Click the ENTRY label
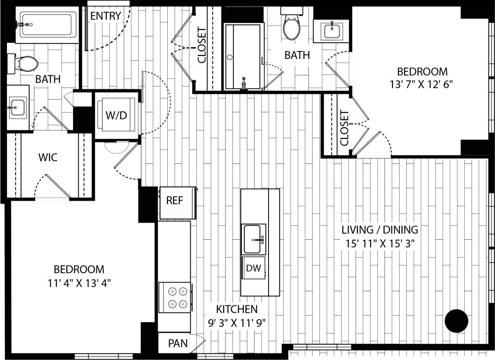click(106, 16)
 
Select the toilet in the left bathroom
click(24, 63)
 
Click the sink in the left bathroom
click(18, 108)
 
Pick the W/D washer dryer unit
click(116, 115)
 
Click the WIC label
click(48, 157)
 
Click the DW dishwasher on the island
click(253, 268)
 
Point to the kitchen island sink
click(253, 239)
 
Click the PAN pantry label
click(178, 343)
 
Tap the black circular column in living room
click(456, 321)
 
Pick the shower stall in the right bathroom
click(243, 56)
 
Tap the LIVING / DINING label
click(380, 230)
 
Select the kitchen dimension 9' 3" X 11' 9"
click(237, 322)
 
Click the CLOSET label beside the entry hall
click(202, 45)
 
